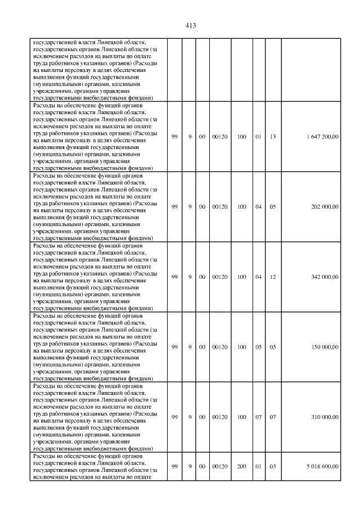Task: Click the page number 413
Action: tap(190, 26)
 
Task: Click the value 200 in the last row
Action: tap(242, 466)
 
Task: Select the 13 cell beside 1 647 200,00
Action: tap(273, 137)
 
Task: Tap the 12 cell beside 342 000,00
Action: tap(273, 277)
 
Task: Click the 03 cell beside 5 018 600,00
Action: tap(273, 466)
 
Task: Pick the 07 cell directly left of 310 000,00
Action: tap(273, 417)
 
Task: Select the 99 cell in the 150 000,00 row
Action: tap(174, 347)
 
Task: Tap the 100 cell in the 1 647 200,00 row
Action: tap(242, 137)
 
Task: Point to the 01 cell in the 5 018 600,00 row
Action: tap(259, 466)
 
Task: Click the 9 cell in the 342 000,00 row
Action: tap(190, 277)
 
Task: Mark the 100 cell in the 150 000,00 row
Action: tap(242, 347)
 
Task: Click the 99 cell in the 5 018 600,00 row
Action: tap(174, 466)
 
